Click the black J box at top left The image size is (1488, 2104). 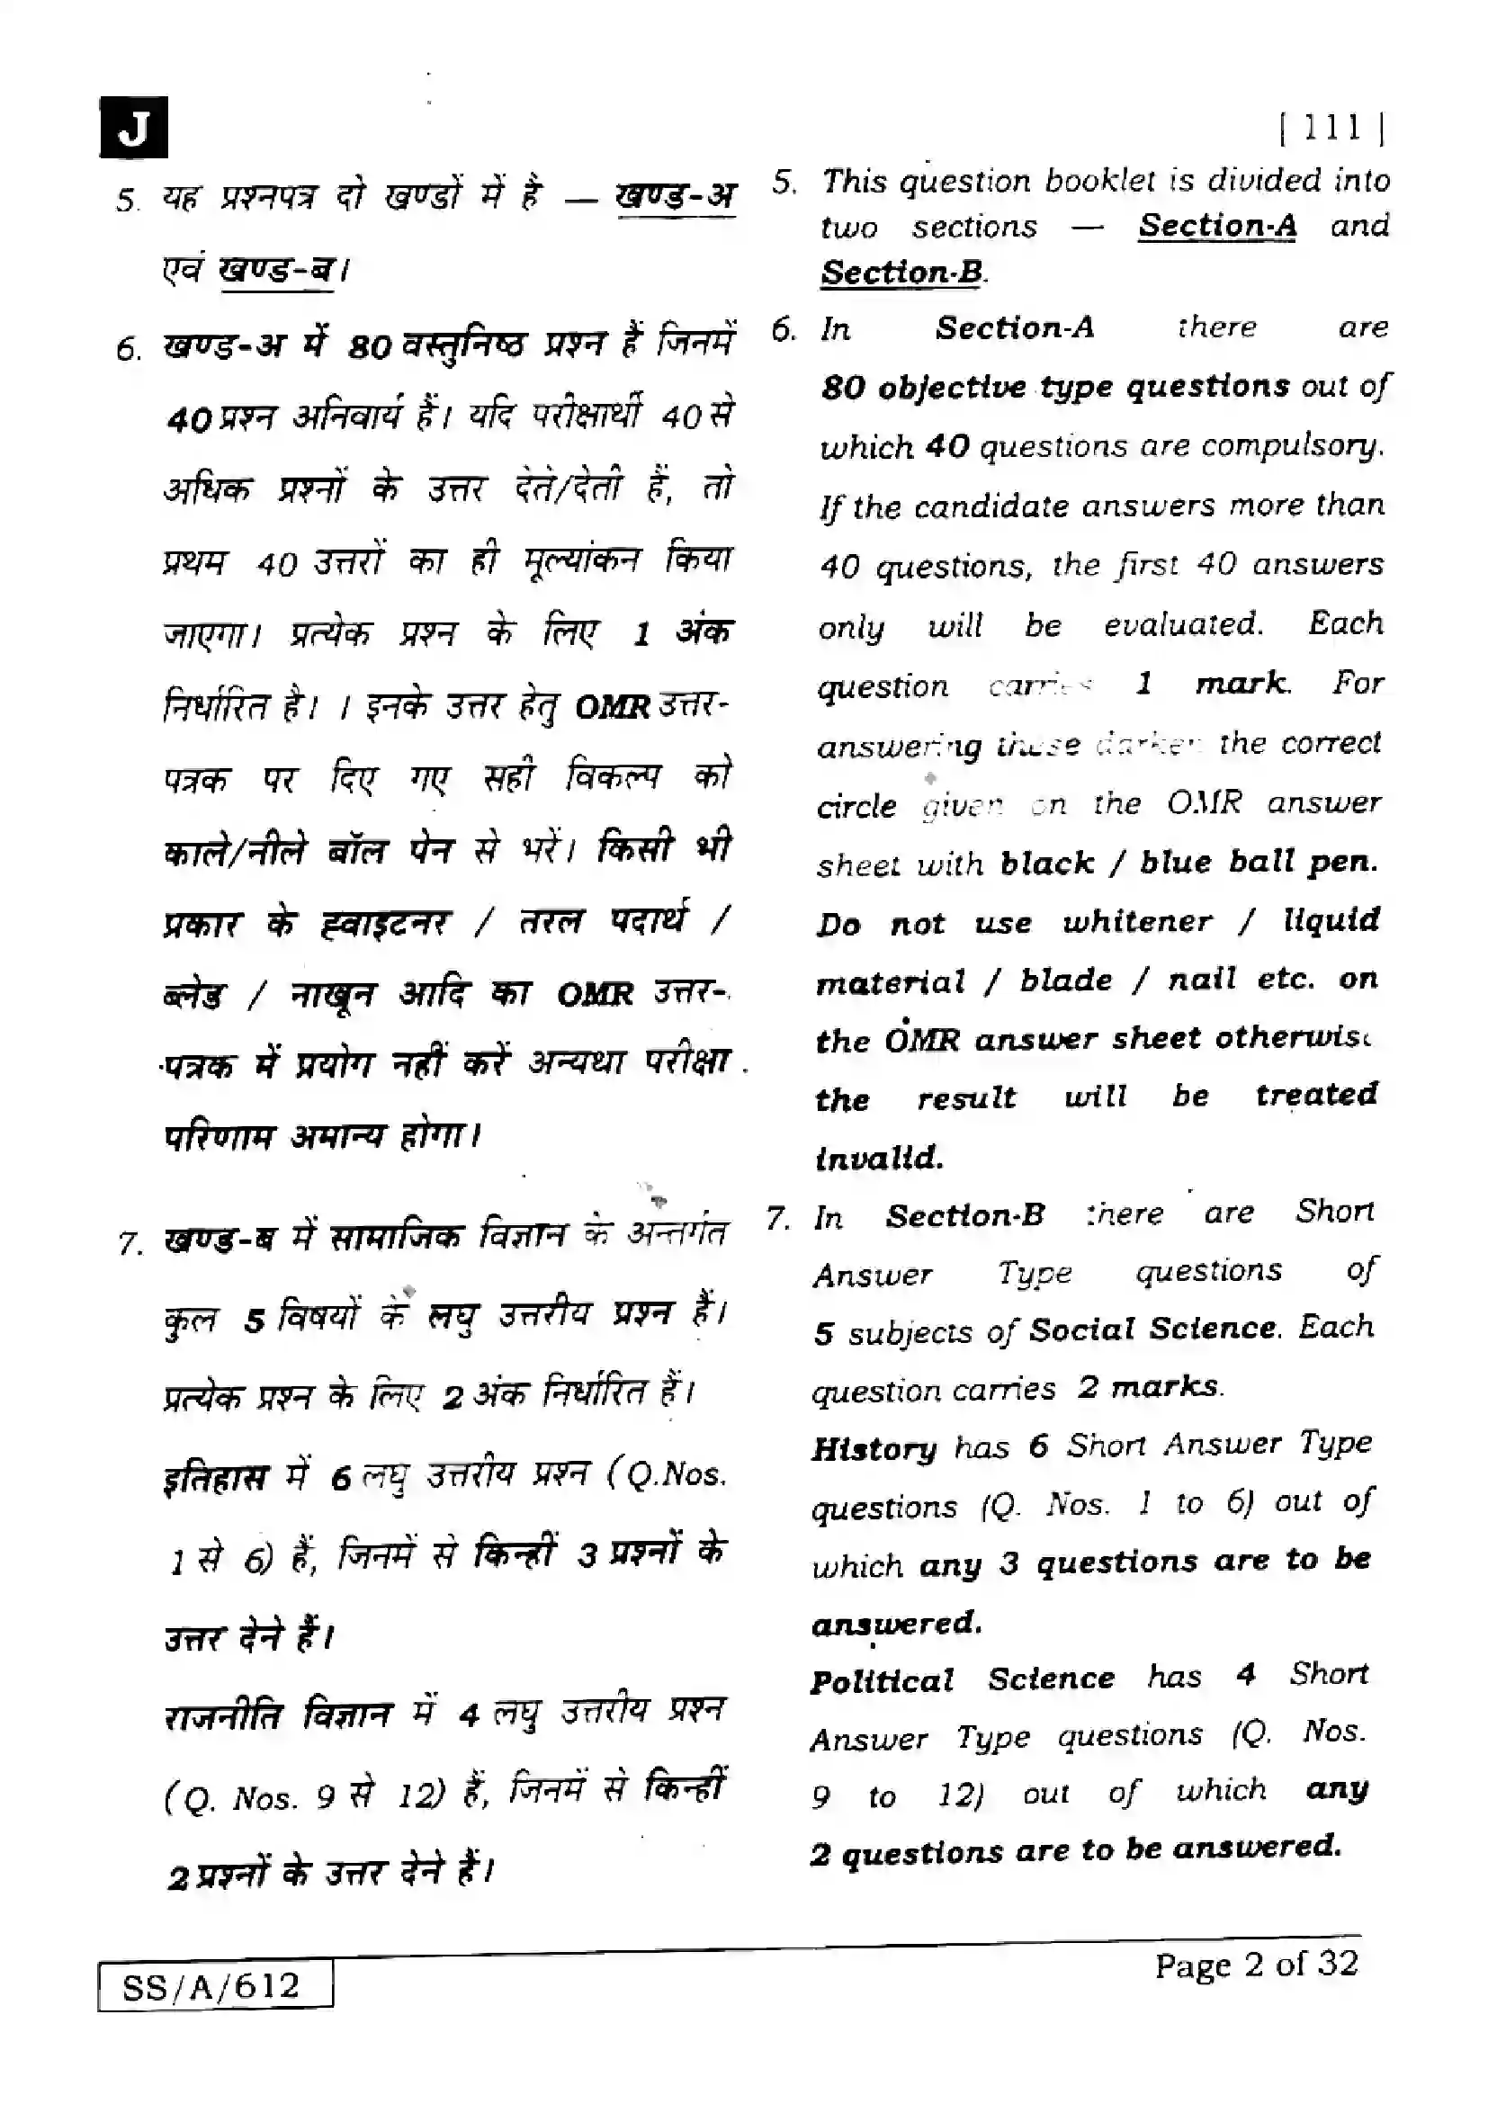133,128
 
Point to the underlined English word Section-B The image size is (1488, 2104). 901,273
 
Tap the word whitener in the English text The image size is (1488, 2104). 1137,921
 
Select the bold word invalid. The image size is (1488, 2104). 879,1159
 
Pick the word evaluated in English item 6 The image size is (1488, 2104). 1182,625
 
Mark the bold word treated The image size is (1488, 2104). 1316,1095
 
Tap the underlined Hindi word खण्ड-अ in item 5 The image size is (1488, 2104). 676,196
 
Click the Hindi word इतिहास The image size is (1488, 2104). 216,1479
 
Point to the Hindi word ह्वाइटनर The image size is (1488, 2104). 386,923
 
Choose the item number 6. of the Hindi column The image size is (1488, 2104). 129,349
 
